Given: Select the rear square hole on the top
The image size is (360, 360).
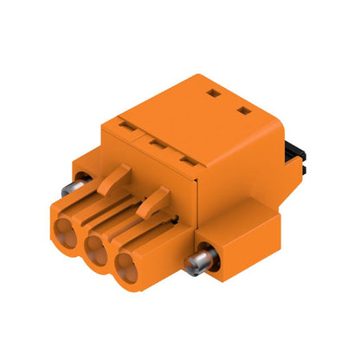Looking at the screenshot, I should [x=214, y=88].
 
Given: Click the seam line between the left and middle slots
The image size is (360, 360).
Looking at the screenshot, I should [x=141, y=135].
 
